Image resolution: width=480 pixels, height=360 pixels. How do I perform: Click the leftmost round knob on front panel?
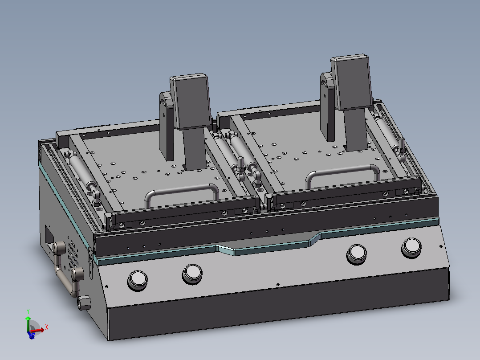pyautogui.click(x=138, y=280)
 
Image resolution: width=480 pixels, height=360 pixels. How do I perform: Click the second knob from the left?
pyautogui.click(x=192, y=272)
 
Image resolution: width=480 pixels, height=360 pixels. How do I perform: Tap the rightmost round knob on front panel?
pyautogui.click(x=411, y=247)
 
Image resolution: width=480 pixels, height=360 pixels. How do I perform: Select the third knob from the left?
pyautogui.click(x=357, y=253)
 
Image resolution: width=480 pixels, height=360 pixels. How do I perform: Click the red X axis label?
pyautogui.click(x=47, y=327)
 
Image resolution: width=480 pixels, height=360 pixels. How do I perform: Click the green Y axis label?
pyautogui.click(x=28, y=311)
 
